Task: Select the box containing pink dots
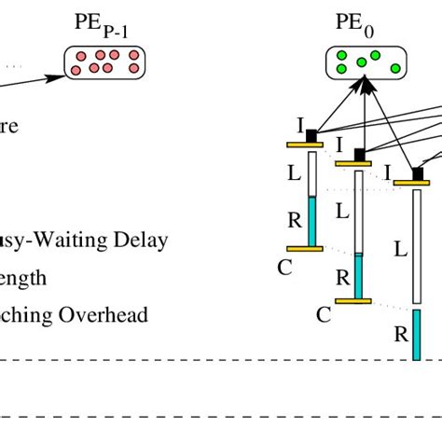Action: point(105,62)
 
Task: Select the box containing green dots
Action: point(367,62)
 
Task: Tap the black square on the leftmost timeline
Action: point(311,136)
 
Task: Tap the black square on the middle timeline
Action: point(360,155)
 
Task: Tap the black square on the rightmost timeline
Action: point(418,174)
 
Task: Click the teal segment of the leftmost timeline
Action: point(313,221)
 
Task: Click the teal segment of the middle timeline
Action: point(358,276)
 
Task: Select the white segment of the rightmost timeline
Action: point(416,248)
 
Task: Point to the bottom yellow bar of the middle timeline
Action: point(353,300)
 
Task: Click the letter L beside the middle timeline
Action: point(342,213)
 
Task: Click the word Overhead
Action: point(103,315)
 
